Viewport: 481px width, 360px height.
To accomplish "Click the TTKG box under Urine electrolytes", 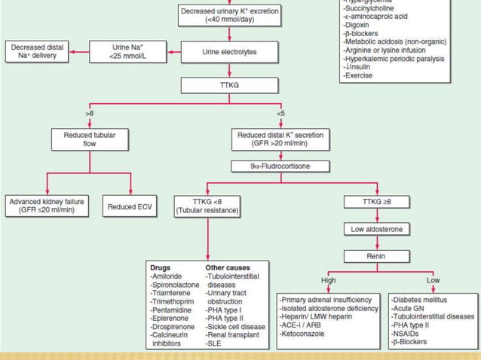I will click(228, 85).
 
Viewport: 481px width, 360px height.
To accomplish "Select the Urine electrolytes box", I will click(228, 52).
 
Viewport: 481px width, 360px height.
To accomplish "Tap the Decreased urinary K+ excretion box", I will click(229, 15).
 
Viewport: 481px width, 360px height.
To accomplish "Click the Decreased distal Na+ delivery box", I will click(38, 52).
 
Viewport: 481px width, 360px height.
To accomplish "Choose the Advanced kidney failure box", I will click(46, 206).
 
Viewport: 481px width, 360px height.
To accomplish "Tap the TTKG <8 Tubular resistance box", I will click(207, 206).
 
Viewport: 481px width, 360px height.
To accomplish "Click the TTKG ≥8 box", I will click(377, 202).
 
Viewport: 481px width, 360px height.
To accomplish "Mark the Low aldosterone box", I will click(376, 228).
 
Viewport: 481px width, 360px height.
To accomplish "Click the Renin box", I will click(376, 256).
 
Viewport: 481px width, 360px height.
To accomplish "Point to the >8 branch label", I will click(89, 113).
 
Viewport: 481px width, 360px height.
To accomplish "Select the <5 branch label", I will click(280, 113).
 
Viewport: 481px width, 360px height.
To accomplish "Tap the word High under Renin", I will click(328, 279).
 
